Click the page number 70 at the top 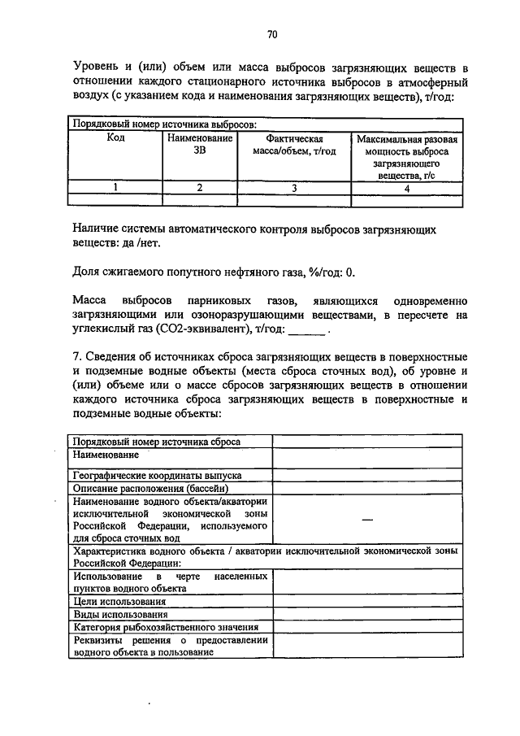click(x=272, y=34)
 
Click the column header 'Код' click(x=115, y=139)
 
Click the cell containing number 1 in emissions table click(x=115, y=188)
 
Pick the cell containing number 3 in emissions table click(x=294, y=188)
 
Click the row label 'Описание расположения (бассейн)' click(x=151, y=488)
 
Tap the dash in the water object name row click(x=367, y=520)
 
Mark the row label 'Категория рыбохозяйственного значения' click(x=166, y=627)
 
